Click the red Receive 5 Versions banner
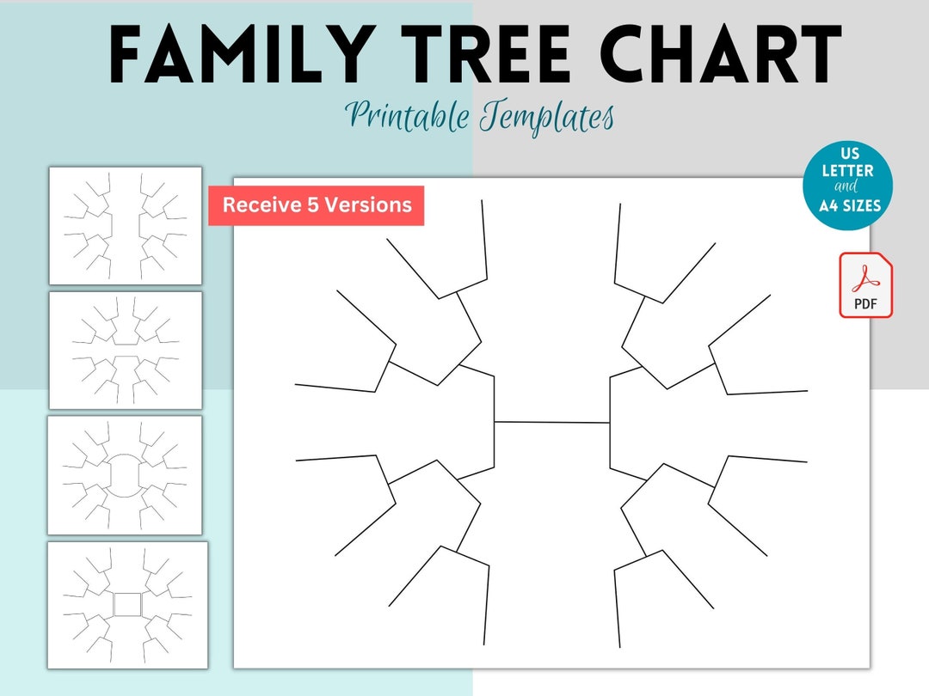(x=317, y=205)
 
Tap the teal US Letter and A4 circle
(x=847, y=187)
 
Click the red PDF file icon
(x=865, y=285)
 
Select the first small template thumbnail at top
(x=126, y=225)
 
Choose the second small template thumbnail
(x=126, y=351)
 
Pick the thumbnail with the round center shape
(x=126, y=475)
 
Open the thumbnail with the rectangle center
(x=127, y=605)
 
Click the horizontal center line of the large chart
(x=551, y=422)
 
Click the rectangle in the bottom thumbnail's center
(x=127, y=605)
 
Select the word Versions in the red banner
(x=372, y=205)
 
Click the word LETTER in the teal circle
(x=847, y=170)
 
